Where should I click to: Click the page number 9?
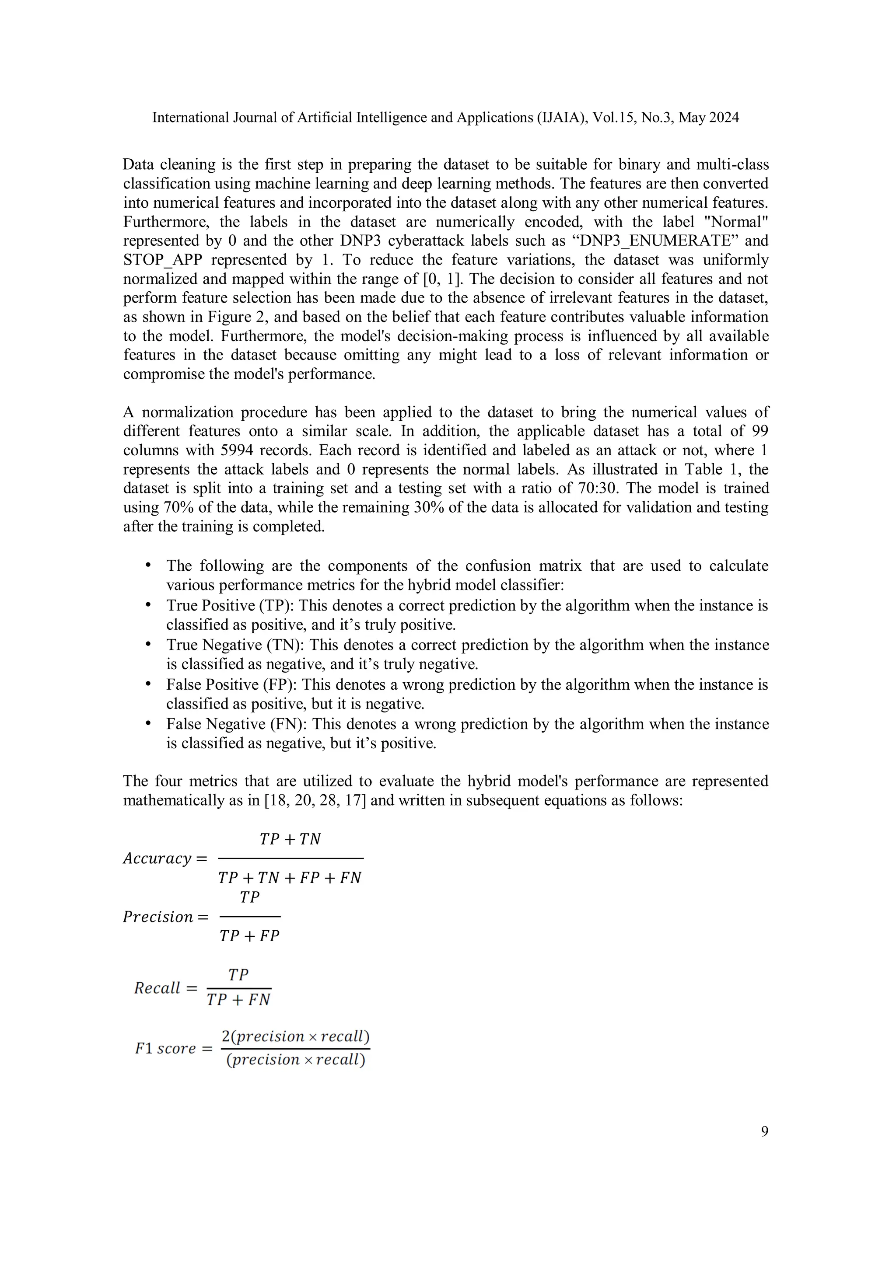click(x=764, y=1132)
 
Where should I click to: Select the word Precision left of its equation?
click(x=158, y=917)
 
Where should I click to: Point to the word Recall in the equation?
click(x=157, y=988)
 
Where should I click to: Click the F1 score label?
click(x=166, y=1048)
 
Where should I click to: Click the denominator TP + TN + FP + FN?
click(x=289, y=878)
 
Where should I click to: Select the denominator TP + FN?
click(x=238, y=1000)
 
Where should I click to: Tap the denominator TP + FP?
click(x=249, y=936)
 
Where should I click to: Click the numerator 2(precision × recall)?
click(x=295, y=1037)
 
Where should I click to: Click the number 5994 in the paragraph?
click(x=237, y=450)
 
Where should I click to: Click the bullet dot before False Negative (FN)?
click(x=148, y=723)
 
